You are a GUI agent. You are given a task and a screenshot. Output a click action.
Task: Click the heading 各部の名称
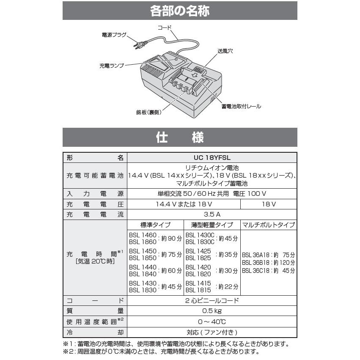click(180, 11)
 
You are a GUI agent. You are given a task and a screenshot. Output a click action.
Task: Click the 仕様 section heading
click(180, 137)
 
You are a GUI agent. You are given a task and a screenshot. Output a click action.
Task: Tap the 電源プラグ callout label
click(114, 35)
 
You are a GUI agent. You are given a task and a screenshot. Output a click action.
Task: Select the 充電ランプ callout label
click(112, 66)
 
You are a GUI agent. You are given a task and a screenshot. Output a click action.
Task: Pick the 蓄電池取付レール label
click(241, 107)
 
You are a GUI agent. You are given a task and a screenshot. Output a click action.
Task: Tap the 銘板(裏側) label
click(149, 113)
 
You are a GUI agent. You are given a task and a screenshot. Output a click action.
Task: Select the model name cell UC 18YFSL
click(212, 157)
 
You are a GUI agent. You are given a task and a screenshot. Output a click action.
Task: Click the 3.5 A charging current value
click(212, 214)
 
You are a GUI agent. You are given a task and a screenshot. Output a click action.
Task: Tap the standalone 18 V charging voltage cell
click(269, 204)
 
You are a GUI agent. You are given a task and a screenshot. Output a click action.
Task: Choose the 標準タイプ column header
click(155, 225)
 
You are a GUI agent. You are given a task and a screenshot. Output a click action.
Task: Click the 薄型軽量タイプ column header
click(212, 225)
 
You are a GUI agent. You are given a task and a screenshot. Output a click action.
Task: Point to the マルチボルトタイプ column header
click(269, 225)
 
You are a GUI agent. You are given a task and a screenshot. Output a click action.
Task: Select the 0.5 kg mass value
click(212, 311)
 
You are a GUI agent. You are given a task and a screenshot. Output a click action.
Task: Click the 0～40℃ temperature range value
click(212, 322)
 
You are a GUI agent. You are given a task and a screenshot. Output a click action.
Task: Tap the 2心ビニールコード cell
click(212, 301)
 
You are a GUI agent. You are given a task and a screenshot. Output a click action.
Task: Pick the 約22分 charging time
click(228, 286)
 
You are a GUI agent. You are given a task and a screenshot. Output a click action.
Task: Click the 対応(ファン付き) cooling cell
click(212, 333)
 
